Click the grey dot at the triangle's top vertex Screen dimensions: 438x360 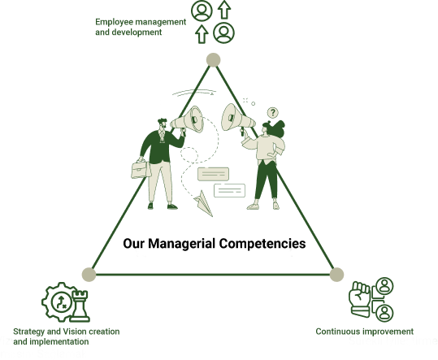coord(214,60)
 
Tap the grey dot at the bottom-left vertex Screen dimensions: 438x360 coord(89,274)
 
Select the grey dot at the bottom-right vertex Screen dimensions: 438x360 coord(336,275)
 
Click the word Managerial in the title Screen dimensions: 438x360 coord(181,243)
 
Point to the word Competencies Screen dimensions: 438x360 coord(262,244)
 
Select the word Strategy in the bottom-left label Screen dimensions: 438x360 coord(28,332)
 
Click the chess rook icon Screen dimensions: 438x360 coord(80,306)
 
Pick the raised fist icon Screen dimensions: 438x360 coord(360,299)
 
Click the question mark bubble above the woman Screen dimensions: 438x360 coord(273,113)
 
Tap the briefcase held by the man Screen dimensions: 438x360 coord(141,169)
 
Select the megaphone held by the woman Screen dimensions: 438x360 coord(237,119)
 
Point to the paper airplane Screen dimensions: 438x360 coord(204,203)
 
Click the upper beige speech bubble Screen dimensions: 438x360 coord(213,174)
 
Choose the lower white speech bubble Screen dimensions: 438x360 coord(230,190)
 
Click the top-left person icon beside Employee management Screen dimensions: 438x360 coord(202,11)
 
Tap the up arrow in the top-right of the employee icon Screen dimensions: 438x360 coord(224,10)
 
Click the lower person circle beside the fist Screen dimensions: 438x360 coord(384,313)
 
